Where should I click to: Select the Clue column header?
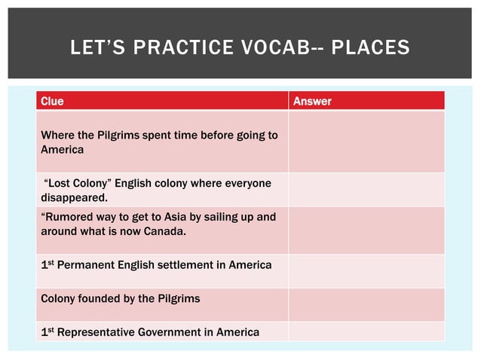point(52,101)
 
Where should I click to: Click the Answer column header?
point(311,101)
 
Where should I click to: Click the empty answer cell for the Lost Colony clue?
point(366,190)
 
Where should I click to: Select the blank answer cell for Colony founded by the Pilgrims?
point(366,298)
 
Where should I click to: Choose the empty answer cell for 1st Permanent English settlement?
point(366,264)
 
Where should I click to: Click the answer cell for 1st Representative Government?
point(366,331)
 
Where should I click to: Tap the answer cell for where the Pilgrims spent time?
point(366,142)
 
